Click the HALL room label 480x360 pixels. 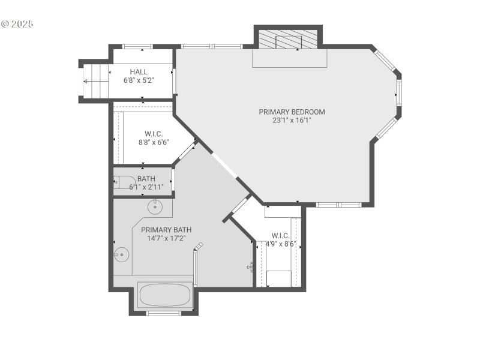click(x=139, y=72)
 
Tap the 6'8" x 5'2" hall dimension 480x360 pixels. click(x=139, y=80)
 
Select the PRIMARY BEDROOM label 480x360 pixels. click(x=292, y=112)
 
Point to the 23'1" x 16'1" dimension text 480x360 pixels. click(x=292, y=120)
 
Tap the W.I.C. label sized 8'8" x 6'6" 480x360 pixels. click(x=154, y=134)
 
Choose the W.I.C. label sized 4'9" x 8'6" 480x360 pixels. click(x=280, y=235)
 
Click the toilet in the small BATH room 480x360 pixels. click(x=124, y=182)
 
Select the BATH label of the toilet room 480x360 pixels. click(x=146, y=179)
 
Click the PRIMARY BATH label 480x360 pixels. click(x=166, y=230)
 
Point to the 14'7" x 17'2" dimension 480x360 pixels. click(x=166, y=238)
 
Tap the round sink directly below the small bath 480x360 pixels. click(x=155, y=207)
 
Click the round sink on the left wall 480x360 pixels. click(x=122, y=255)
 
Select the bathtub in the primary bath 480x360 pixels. click(x=164, y=295)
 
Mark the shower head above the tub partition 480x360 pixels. click(x=200, y=245)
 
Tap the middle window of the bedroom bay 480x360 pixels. click(x=398, y=94)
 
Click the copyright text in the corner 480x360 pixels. click(x=18, y=25)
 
